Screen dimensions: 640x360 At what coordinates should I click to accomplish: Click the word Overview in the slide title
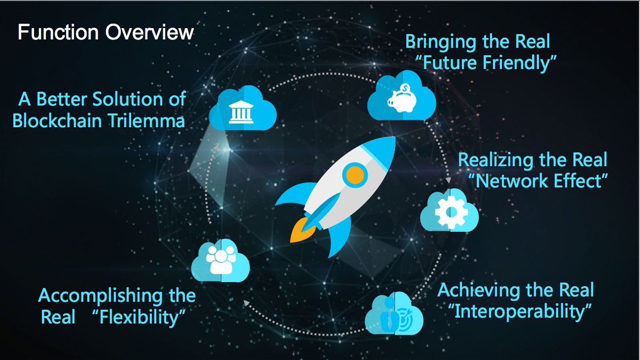(149, 32)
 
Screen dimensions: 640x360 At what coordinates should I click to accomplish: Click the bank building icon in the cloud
(241, 112)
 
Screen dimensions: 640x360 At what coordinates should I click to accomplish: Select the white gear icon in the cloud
(451, 212)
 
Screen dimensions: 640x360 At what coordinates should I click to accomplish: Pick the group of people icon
(221, 260)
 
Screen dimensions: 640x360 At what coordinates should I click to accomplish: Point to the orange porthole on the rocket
(355, 175)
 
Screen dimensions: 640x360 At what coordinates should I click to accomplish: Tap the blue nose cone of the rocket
(380, 151)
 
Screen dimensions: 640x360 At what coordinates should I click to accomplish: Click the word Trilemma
(146, 120)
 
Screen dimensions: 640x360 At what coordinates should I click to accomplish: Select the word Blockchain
(57, 120)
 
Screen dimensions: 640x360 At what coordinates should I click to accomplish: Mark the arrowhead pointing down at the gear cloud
(448, 180)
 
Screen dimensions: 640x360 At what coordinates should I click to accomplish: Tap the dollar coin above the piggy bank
(405, 88)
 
